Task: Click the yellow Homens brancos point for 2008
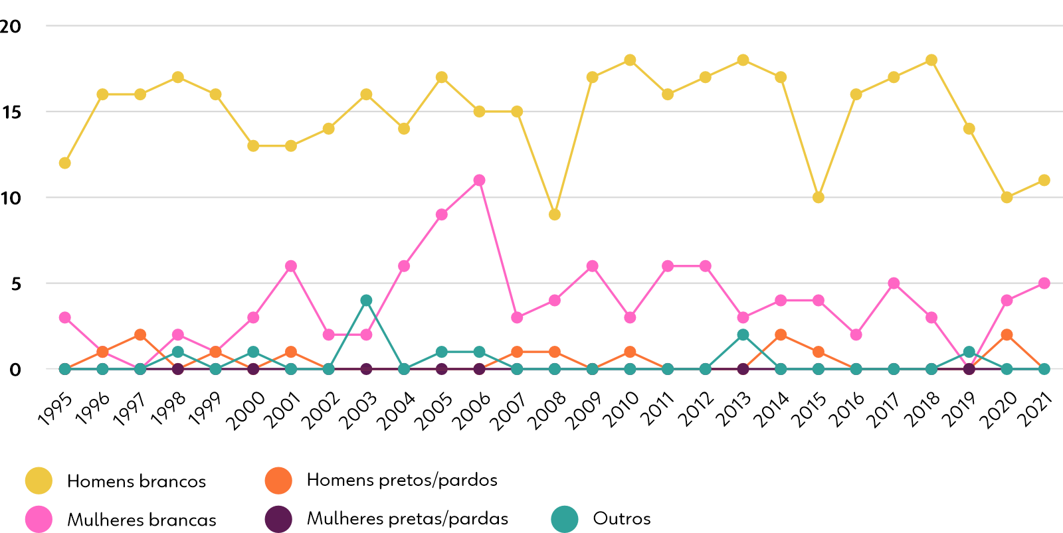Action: coord(555,214)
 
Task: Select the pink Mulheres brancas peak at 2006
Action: coord(479,181)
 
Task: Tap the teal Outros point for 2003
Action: coord(366,301)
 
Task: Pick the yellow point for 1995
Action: coord(65,163)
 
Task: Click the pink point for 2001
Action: coord(291,266)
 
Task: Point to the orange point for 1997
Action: coord(140,335)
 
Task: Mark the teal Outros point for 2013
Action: coord(743,335)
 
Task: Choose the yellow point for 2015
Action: coord(819,197)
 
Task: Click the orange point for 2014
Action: coord(781,335)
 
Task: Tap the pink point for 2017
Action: coord(894,283)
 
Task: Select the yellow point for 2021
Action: coord(1044,181)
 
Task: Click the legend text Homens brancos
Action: coord(136,481)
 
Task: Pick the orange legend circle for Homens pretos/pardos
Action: coord(278,481)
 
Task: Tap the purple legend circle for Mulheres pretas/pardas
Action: coord(278,519)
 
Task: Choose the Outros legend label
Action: coord(621,518)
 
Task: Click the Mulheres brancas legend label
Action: coord(142,520)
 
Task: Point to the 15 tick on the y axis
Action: coord(11,112)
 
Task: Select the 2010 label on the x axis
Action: coord(621,410)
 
